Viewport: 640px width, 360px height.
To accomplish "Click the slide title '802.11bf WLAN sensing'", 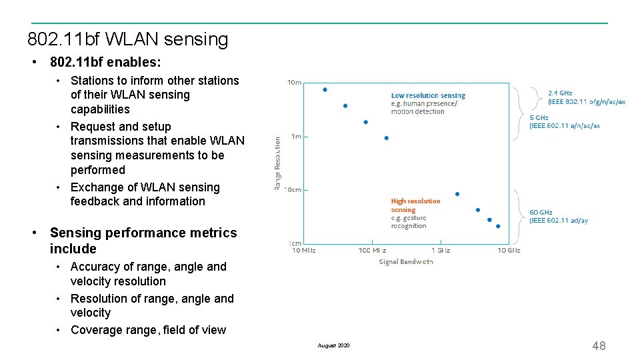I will tap(127, 39).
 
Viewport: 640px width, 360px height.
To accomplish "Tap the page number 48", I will tap(599, 345).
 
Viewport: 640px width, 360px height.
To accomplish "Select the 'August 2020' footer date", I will tap(333, 345).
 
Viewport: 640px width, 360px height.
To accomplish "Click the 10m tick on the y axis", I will tap(294, 83).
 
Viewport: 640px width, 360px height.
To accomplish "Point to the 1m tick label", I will tap(296, 137).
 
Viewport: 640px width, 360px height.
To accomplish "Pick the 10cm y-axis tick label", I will tap(293, 190).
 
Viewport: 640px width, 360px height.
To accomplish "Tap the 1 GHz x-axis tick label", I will tap(441, 251).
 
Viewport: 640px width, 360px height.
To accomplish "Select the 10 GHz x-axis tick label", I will tap(509, 251).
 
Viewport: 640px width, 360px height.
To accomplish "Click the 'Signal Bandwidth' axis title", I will tap(406, 262).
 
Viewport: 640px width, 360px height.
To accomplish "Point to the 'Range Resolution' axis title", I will tap(277, 163).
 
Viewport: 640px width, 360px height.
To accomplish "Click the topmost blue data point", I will tap(325, 89).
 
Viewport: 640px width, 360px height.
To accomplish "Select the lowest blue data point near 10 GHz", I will tap(498, 226).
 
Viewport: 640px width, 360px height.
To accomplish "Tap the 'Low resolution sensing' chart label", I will tap(428, 95).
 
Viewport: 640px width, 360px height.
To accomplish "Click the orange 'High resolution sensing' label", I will tap(415, 201).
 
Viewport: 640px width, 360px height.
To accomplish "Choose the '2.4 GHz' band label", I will tap(560, 93).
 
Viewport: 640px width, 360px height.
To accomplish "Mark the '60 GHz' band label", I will tap(541, 213).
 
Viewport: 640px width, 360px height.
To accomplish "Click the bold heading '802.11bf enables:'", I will tap(105, 62).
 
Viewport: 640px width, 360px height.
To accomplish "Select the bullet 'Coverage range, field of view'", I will tap(148, 330).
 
